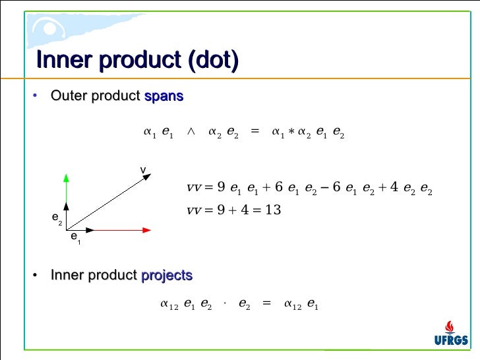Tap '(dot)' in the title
(x=212, y=60)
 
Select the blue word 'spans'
(x=164, y=96)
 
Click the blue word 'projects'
(x=167, y=275)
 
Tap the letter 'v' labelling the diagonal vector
(x=142, y=171)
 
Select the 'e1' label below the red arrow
(x=76, y=237)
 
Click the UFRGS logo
(x=451, y=333)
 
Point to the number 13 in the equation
(x=274, y=210)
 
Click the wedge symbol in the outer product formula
(x=191, y=131)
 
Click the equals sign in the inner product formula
(x=266, y=304)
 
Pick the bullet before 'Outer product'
(x=35, y=96)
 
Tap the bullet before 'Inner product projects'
(x=35, y=275)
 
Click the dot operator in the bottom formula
(x=225, y=304)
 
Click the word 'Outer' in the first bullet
(x=65, y=96)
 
